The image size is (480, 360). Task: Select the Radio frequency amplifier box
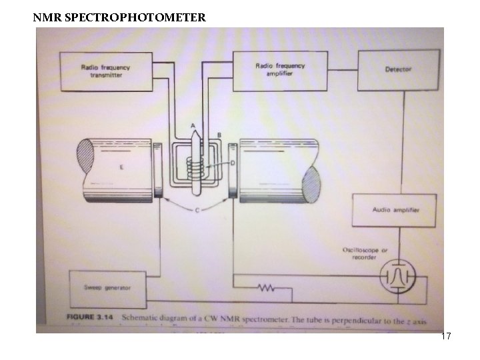click(x=280, y=69)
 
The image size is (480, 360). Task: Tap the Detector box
click(x=398, y=69)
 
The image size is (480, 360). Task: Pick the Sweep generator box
click(x=107, y=287)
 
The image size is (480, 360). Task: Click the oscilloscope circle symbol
click(x=399, y=275)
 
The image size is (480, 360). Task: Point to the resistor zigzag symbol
click(x=267, y=289)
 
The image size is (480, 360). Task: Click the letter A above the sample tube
click(x=193, y=126)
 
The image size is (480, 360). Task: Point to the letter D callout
click(x=232, y=163)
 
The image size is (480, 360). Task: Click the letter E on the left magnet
click(x=120, y=167)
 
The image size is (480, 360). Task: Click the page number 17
click(x=446, y=337)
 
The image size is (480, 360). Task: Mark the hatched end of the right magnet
click(x=311, y=186)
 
